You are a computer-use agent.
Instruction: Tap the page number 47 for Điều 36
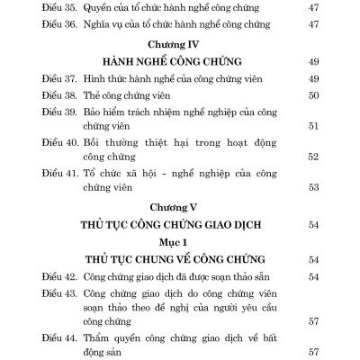pos(316,24)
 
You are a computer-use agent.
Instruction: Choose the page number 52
pos(316,157)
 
